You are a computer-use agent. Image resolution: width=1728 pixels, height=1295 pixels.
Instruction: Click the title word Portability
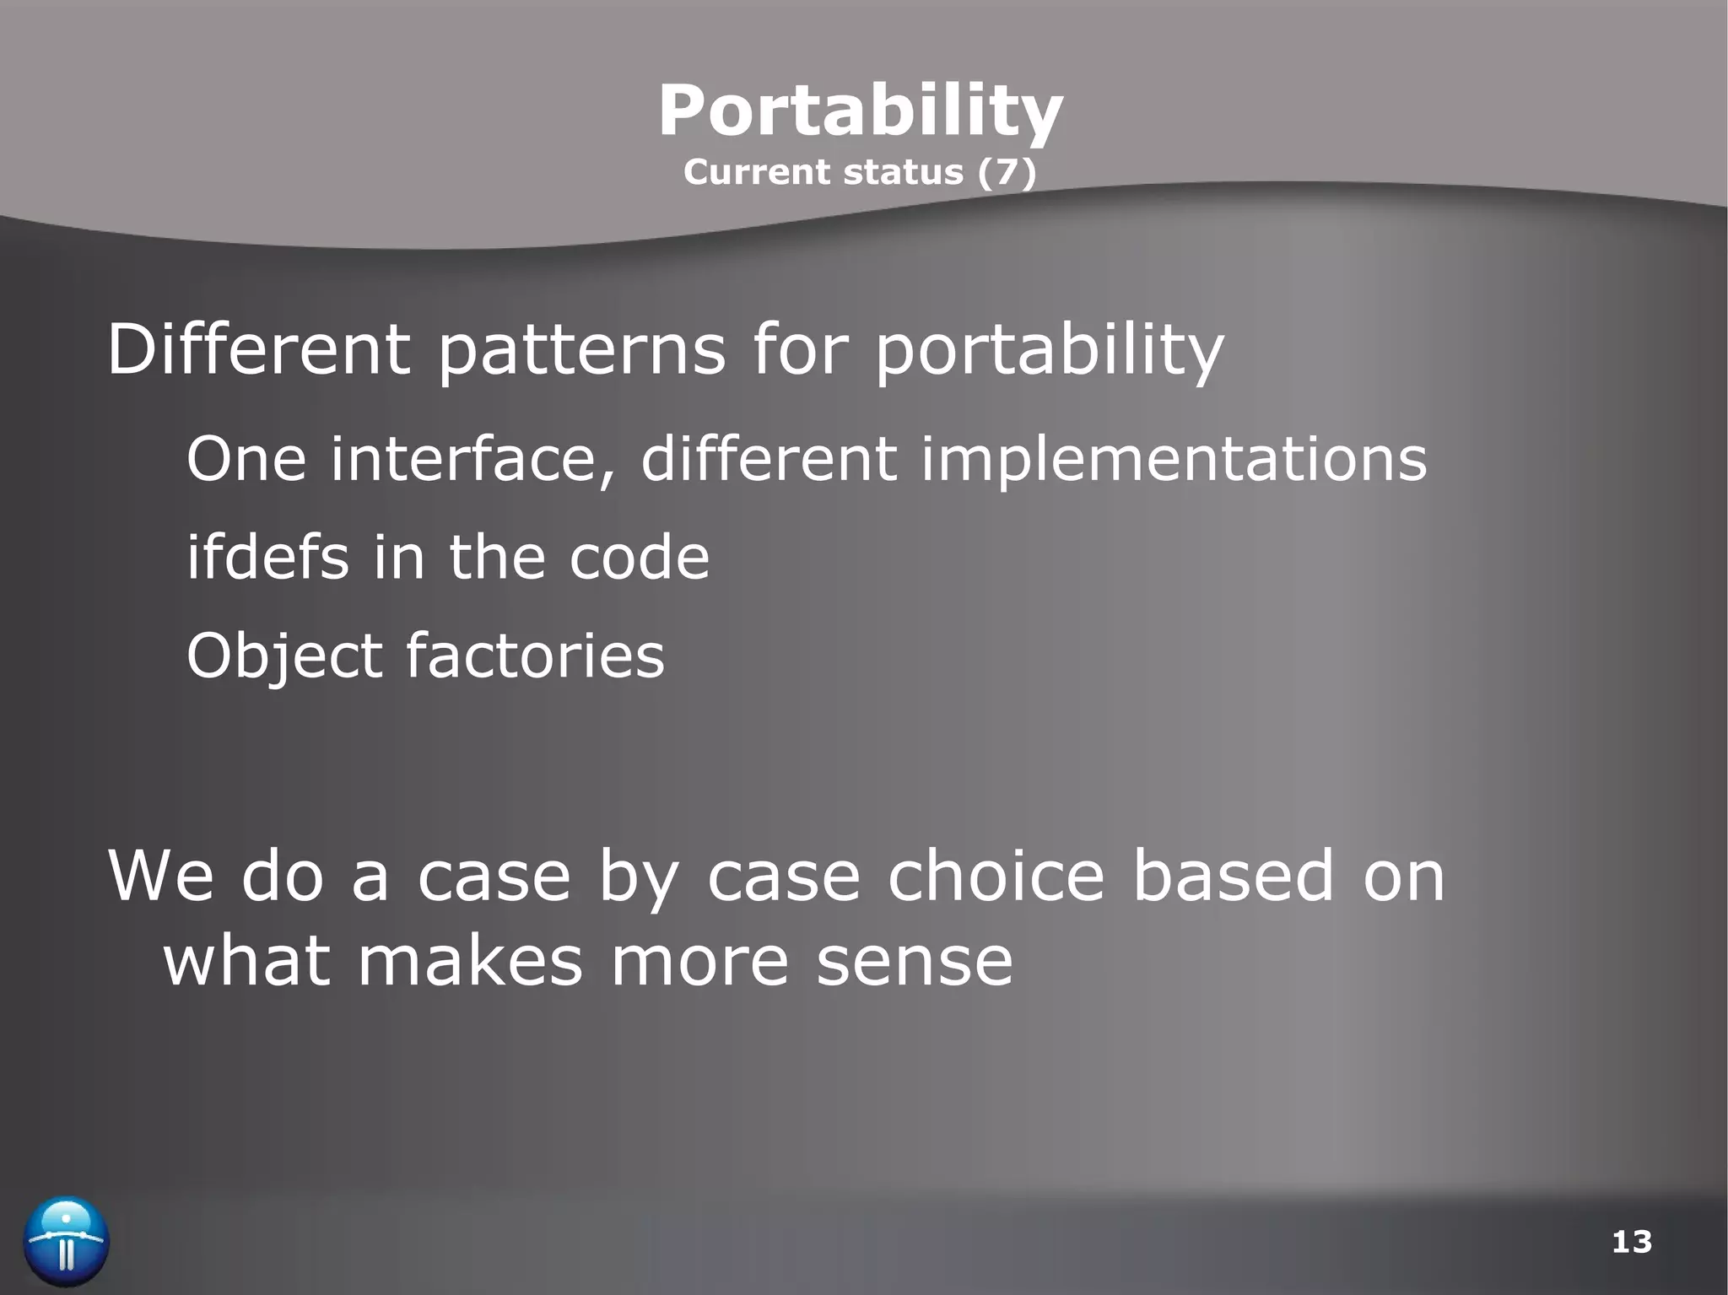[x=860, y=112]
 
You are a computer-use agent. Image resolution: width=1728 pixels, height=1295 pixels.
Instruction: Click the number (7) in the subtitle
[x=1007, y=172]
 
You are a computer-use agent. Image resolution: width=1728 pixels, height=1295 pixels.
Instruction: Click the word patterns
[x=581, y=351]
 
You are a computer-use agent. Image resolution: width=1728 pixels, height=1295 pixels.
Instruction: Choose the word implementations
[x=1173, y=461]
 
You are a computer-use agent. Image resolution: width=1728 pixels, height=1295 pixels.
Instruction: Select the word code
[x=639, y=558]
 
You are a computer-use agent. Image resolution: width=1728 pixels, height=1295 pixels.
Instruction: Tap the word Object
[x=284, y=656]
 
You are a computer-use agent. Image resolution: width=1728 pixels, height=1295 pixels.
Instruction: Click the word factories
[x=535, y=656]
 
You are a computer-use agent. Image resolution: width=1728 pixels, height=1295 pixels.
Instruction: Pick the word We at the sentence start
[x=161, y=875]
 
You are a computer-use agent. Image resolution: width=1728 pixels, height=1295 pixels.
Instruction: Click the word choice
[x=996, y=875]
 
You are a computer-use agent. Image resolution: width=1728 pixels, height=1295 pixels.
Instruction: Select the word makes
[x=469, y=961]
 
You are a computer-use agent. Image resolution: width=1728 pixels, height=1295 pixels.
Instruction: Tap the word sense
[x=914, y=962]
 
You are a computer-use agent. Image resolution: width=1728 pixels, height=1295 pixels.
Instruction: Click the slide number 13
[x=1631, y=1242]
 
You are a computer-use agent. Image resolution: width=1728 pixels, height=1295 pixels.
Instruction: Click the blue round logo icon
[x=67, y=1241]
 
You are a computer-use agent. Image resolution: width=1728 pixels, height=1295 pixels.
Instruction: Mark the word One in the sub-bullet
[x=246, y=459]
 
